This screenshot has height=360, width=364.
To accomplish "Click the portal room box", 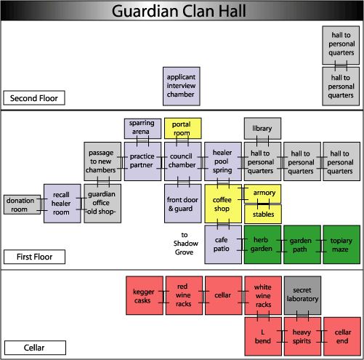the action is click(x=183, y=129).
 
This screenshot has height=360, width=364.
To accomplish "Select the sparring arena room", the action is click(x=142, y=129).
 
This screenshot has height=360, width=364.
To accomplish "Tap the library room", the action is click(x=262, y=129).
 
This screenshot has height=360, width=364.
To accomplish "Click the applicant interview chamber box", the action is click(x=182, y=87).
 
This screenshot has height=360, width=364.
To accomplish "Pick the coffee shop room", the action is click(x=223, y=204).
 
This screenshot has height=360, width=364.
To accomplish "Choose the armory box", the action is click(x=263, y=193).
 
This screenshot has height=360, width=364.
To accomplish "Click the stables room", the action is click(x=263, y=214).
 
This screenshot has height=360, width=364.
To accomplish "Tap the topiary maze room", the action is click(x=341, y=244).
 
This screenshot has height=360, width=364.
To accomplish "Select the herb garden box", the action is click(x=262, y=244).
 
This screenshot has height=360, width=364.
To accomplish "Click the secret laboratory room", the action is click(x=303, y=295).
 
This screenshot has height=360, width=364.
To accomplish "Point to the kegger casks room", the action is click(x=145, y=295).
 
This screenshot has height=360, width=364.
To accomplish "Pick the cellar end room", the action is click(x=342, y=337).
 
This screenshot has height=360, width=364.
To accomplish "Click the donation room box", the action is click(x=23, y=204).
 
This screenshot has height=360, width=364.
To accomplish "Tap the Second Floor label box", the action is click(x=34, y=98).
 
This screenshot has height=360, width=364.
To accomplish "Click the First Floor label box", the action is click(x=34, y=257).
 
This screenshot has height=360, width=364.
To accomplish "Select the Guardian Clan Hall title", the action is click(x=179, y=11).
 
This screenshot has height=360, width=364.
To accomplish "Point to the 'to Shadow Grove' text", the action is click(x=185, y=244).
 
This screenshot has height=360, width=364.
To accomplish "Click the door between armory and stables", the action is click(x=263, y=204).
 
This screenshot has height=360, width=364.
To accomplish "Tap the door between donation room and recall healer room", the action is click(x=42, y=204).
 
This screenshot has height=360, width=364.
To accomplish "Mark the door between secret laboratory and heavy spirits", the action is click(x=303, y=316).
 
